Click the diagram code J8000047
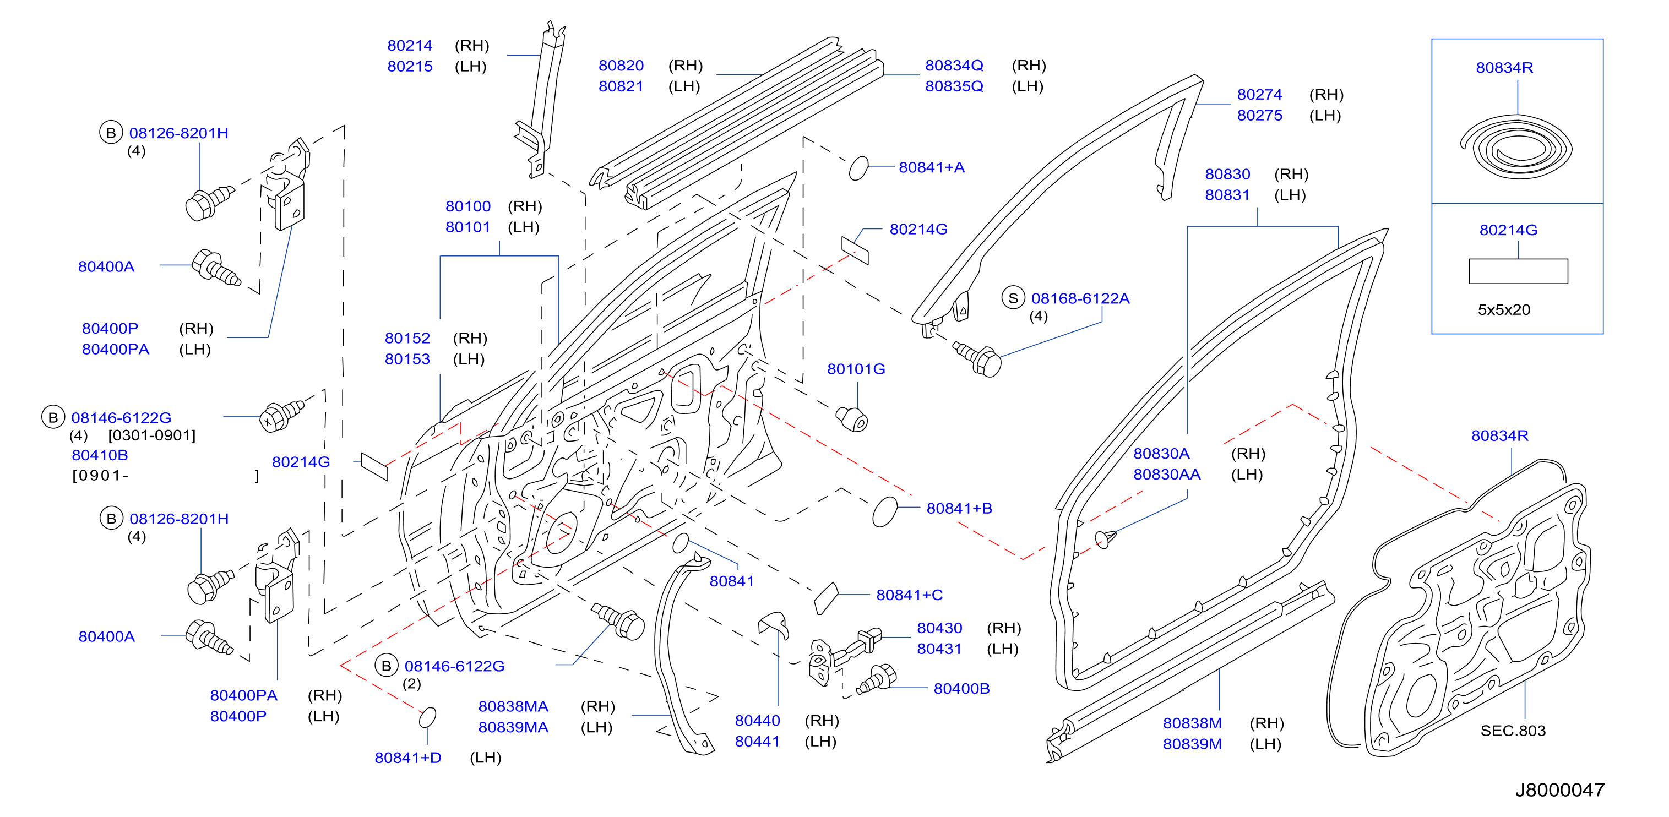(x=1559, y=790)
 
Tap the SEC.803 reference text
(x=1513, y=731)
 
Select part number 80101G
(x=856, y=369)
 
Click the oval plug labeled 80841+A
(x=858, y=168)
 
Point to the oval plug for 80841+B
(x=885, y=511)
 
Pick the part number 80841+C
(x=909, y=595)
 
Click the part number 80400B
(x=961, y=688)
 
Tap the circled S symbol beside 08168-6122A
(x=1013, y=298)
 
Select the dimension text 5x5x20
(x=1504, y=310)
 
